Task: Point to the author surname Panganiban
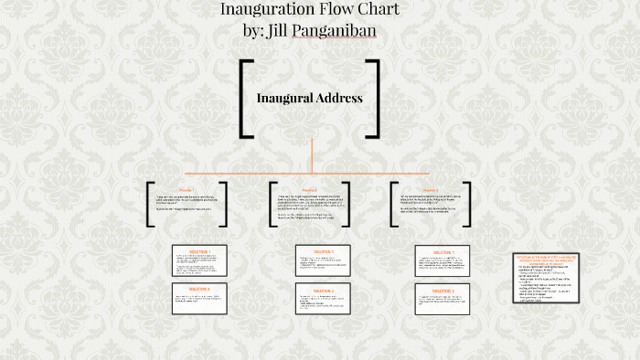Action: [338, 31]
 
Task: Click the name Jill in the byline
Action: [289, 31]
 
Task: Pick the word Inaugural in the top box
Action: [285, 98]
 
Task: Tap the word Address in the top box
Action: [339, 98]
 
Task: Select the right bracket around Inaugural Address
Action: [373, 98]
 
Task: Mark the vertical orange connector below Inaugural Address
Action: [311, 155]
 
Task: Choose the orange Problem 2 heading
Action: [310, 190]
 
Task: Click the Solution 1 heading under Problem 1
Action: [199, 250]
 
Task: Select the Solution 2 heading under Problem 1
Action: [199, 289]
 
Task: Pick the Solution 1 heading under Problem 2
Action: [322, 251]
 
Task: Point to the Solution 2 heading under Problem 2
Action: [322, 291]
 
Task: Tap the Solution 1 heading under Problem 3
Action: [443, 251]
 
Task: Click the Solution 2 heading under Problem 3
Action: [443, 291]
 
